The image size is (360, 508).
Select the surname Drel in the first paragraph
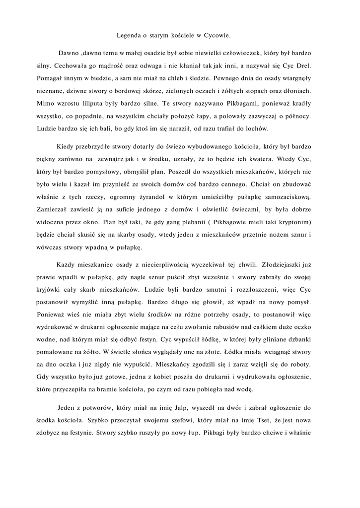(303, 64)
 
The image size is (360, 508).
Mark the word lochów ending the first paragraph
(257, 129)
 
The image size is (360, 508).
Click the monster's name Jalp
(180, 408)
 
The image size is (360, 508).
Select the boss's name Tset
(245, 421)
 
